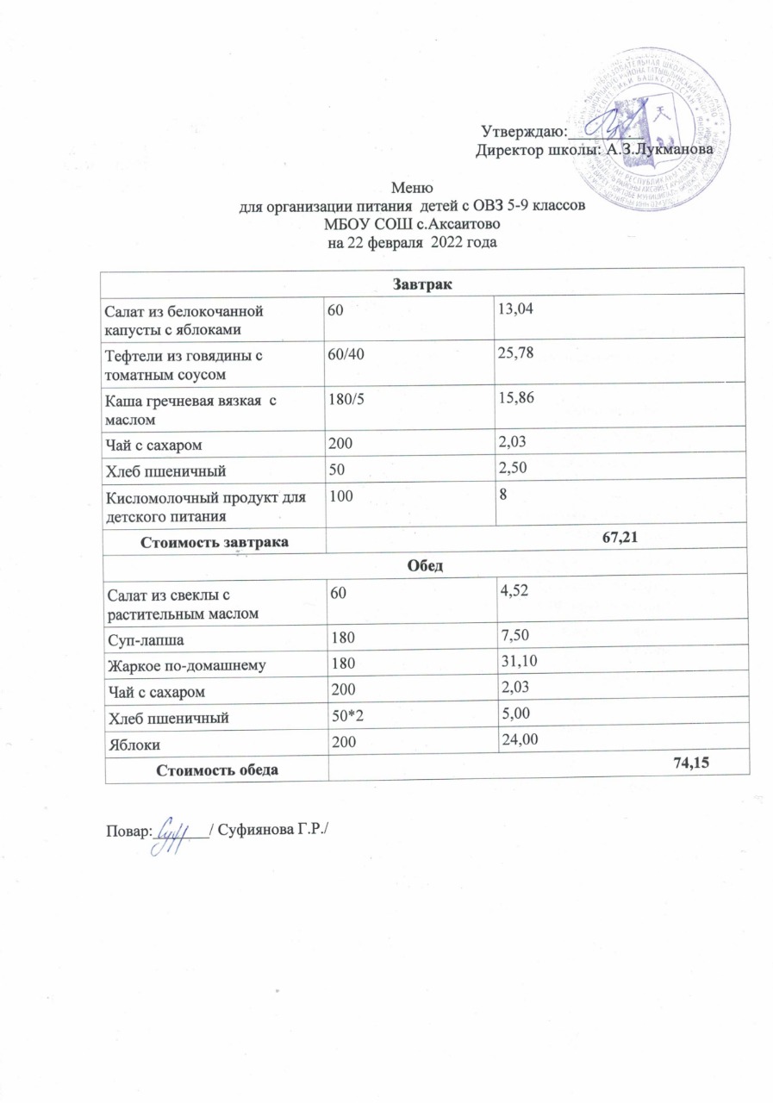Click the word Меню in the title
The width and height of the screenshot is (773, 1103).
coord(411,188)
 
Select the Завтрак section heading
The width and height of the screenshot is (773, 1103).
coord(423,282)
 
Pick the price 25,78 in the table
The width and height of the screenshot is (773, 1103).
coord(513,353)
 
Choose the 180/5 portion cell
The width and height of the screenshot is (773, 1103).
coord(341,398)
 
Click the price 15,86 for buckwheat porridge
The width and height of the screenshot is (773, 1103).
coord(513,398)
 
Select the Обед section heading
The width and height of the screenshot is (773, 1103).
coord(423,564)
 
